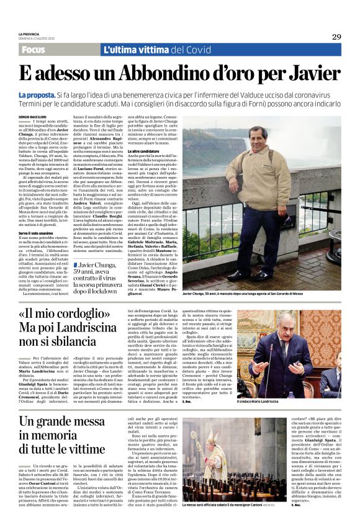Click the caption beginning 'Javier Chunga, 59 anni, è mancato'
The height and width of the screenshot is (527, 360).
pyautogui.click(x=261, y=292)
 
